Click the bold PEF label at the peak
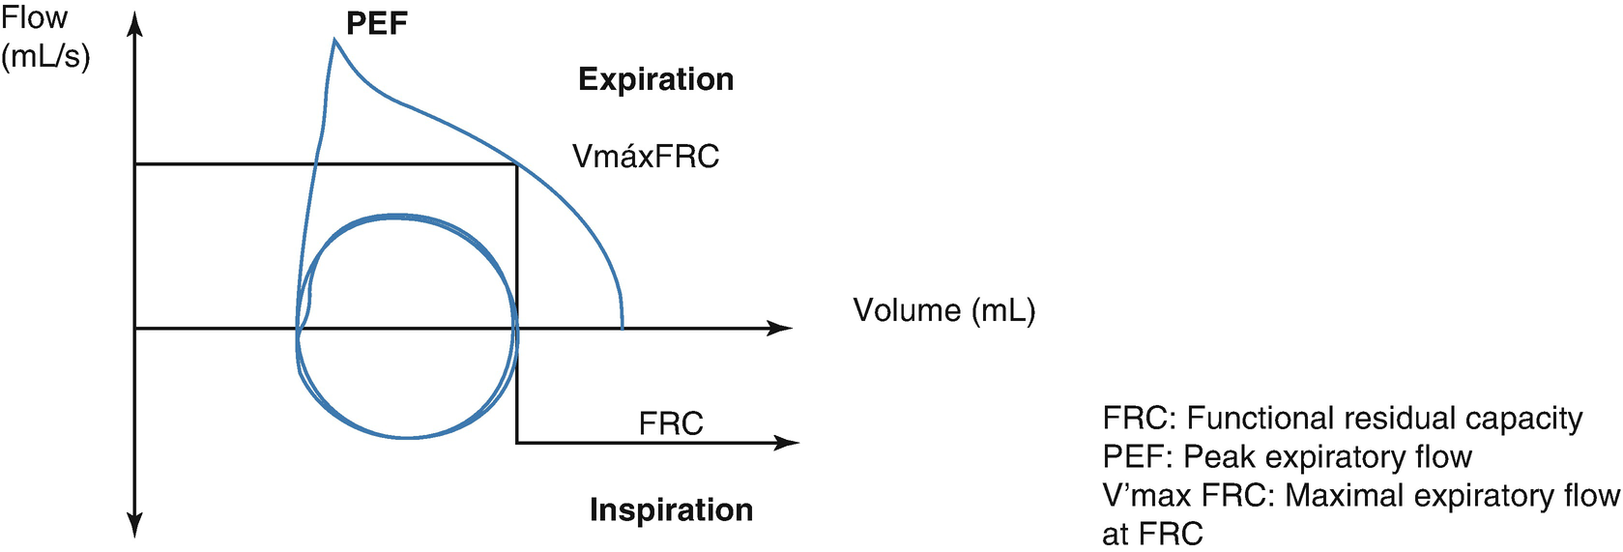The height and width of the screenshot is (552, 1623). tap(377, 23)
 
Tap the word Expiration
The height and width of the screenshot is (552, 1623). tap(655, 79)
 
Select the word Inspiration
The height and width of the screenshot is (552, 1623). tap(671, 509)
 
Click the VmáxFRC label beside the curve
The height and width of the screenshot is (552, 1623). tap(646, 157)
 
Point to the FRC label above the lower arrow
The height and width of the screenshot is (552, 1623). tap(671, 423)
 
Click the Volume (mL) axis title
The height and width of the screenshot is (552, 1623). tap(943, 310)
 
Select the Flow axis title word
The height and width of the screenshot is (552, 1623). tap(35, 17)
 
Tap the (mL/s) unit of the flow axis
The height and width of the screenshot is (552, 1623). tap(45, 56)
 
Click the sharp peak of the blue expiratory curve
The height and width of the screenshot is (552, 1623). tap(334, 40)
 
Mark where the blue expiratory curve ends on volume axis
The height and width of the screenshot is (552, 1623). tap(622, 328)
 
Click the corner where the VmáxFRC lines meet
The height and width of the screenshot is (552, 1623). tap(516, 165)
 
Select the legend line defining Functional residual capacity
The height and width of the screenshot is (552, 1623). tap(1342, 418)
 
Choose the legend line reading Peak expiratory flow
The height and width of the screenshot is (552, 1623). tap(1287, 456)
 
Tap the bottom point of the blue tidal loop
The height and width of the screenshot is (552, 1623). tap(406, 438)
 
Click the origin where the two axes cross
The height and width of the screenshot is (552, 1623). tap(135, 329)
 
